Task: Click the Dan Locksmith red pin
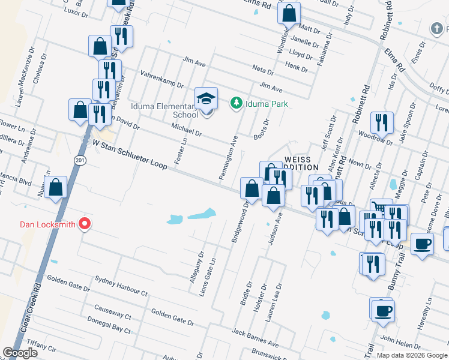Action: (85, 224)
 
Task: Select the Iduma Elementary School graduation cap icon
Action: (206, 98)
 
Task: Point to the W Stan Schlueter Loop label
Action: (128, 153)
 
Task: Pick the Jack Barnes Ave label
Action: (256, 338)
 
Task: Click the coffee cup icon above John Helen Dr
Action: (382, 311)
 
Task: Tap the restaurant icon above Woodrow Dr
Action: (381, 123)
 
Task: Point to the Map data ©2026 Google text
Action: (412, 355)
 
